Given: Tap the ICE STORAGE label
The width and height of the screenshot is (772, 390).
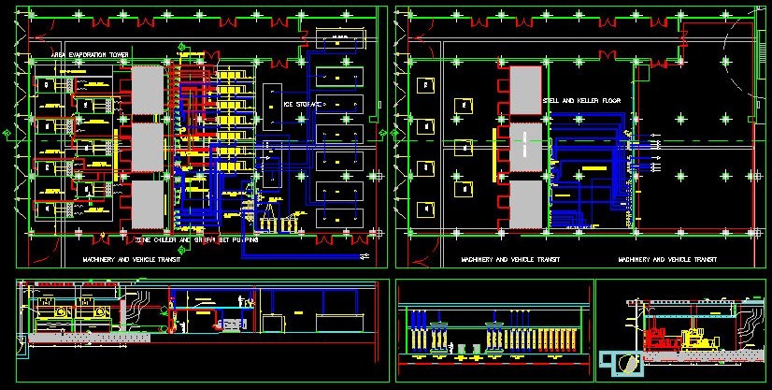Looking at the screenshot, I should (303, 105).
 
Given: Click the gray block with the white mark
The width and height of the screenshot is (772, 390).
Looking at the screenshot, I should (525, 145).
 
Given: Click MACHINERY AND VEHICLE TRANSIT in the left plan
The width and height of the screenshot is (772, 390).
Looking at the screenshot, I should (130, 259).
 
